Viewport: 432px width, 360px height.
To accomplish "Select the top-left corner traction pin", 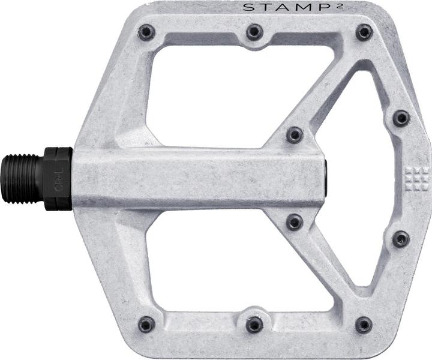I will click(146, 32).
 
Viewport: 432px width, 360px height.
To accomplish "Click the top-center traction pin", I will click(255, 32).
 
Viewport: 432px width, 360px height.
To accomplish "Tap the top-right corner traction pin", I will click(364, 32).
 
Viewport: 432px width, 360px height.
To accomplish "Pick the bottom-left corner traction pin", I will click(146, 325).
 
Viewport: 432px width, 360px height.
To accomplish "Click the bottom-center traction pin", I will click(255, 325).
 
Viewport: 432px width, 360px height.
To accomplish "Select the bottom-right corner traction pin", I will click(364, 325).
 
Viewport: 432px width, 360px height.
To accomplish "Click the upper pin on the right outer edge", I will click(401, 118).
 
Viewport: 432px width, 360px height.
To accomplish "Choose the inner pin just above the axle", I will click(295, 134).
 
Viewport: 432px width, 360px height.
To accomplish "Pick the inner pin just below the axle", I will click(295, 223).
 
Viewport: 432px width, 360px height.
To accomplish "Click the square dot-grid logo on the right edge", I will click(416, 178).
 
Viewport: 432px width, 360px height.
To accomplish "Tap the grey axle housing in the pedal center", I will click(198, 178).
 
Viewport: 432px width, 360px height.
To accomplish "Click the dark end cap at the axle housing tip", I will click(326, 178).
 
